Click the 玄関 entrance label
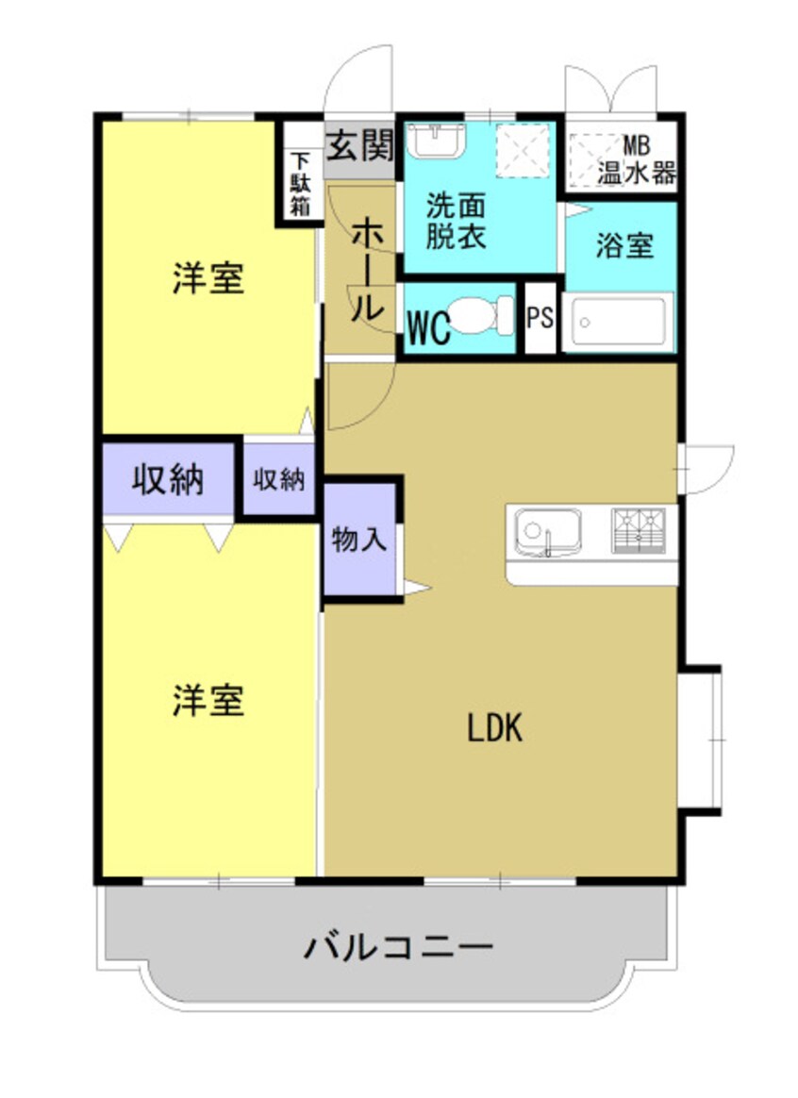[359, 146]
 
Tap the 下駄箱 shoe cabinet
[299, 184]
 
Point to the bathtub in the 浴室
[619, 323]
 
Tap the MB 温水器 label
[637, 160]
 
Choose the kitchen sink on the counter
[546, 532]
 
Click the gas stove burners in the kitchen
[639, 530]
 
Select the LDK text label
[495, 728]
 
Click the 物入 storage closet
[358, 541]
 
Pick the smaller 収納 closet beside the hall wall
[279, 480]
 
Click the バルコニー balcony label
[398, 946]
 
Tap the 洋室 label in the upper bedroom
[208, 279]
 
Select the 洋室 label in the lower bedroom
[208, 701]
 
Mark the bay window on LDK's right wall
[700, 740]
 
